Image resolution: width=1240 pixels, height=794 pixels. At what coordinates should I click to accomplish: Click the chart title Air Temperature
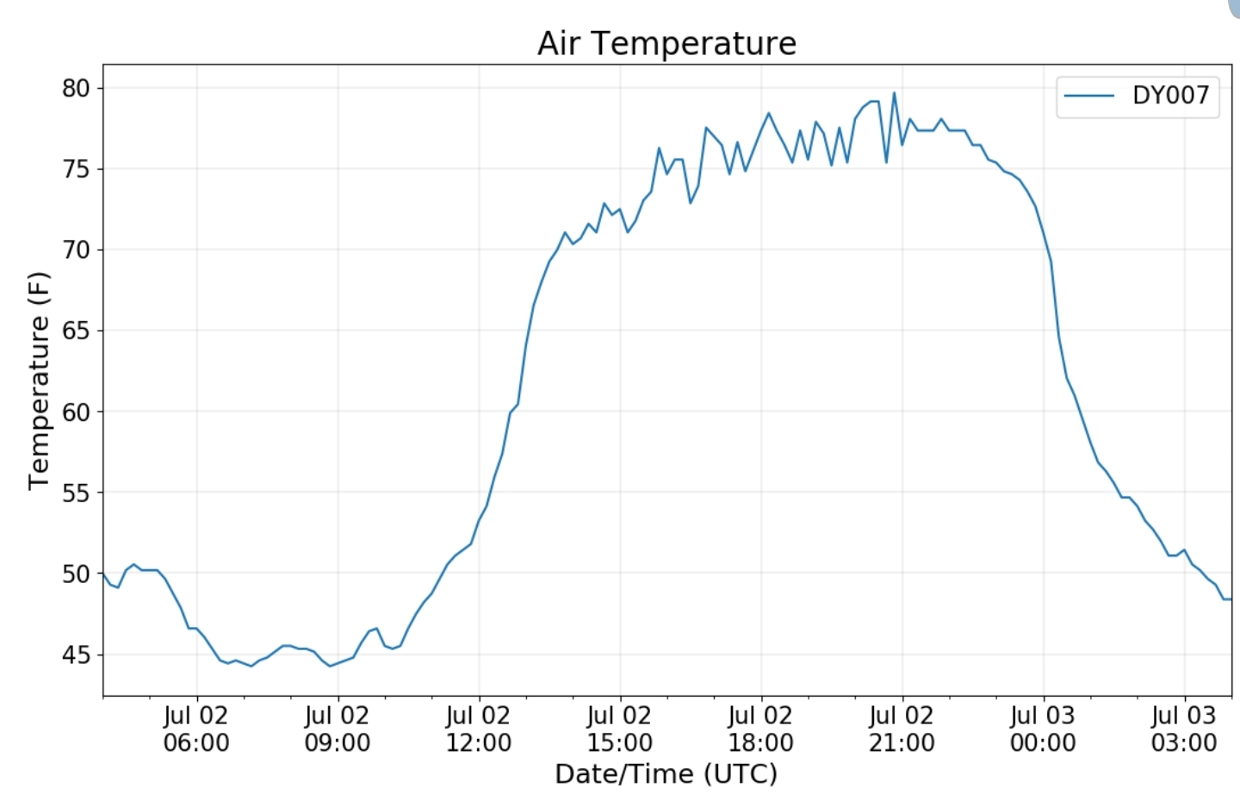(666, 43)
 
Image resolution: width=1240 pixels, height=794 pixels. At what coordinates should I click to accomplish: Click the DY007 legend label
(1170, 95)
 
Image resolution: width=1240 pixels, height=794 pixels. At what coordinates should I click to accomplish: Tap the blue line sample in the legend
(1089, 96)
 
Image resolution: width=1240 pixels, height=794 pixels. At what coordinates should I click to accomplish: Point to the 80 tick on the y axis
(76, 88)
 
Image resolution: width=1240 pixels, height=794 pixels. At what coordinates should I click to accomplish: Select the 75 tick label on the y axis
(76, 169)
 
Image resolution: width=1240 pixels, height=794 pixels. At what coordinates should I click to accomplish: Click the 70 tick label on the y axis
(76, 250)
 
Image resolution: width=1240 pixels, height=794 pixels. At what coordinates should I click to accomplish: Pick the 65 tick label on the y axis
(76, 331)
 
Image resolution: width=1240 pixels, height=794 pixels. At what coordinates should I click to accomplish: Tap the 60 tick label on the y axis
(76, 412)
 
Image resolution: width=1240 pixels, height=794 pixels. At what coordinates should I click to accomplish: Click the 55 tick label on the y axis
(76, 493)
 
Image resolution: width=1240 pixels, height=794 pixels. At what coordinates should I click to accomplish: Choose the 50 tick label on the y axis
(76, 574)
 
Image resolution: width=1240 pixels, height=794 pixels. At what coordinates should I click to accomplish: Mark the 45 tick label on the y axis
(76, 654)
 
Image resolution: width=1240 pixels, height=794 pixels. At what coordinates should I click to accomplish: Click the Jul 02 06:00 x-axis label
(196, 729)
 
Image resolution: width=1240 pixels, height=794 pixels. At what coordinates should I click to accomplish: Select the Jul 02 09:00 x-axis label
(338, 729)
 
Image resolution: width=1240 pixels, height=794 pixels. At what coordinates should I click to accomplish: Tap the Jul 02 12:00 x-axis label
(479, 729)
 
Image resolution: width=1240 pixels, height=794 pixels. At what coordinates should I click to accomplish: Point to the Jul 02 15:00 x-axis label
(620, 729)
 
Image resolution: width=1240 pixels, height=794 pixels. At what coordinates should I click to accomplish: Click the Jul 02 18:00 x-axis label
(761, 729)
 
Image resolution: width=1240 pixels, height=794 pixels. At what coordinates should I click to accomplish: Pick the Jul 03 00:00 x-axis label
(1043, 729)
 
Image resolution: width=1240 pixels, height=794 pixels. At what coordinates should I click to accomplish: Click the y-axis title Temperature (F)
(39, 381)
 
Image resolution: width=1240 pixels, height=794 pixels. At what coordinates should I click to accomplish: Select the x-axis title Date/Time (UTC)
(666, 773)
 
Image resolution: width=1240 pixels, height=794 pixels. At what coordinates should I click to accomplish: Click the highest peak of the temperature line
(894, 93)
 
